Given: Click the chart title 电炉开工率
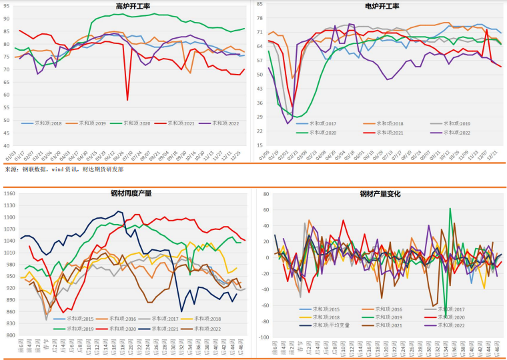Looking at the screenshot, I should tap(382, 6).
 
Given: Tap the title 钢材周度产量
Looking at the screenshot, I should tap(131, 193).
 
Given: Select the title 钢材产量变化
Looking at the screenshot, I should tap(380, 194).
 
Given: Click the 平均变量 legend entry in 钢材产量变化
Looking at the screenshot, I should tap(331, 325).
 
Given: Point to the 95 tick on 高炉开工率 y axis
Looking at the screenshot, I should tap(6, 6).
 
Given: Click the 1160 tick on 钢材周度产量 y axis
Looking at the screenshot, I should tap(9, 193).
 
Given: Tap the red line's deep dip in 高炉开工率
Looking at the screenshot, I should tap(127, 100).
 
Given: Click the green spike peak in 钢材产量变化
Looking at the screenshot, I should tap(450, 209).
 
